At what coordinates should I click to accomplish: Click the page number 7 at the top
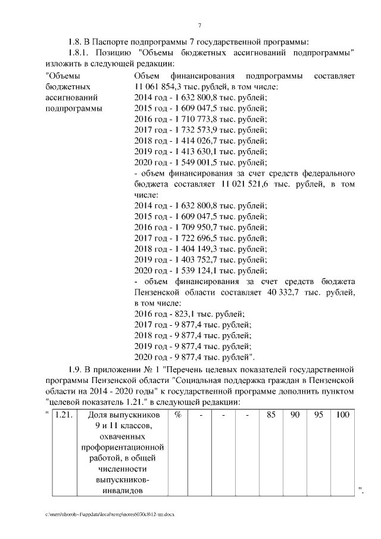point(199,24)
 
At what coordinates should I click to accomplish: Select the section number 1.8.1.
point(80,53)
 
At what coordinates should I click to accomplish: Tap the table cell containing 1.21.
point(64,415)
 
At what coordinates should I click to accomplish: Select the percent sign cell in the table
point(178,415)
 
